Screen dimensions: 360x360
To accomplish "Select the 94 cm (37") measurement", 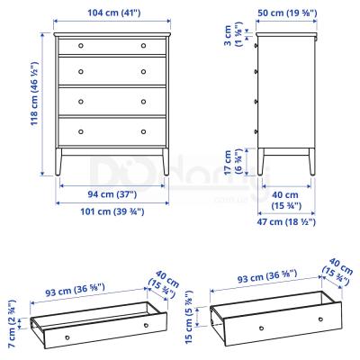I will [x=112, y=194].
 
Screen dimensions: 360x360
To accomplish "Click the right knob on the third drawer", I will [x=144, y=99].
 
